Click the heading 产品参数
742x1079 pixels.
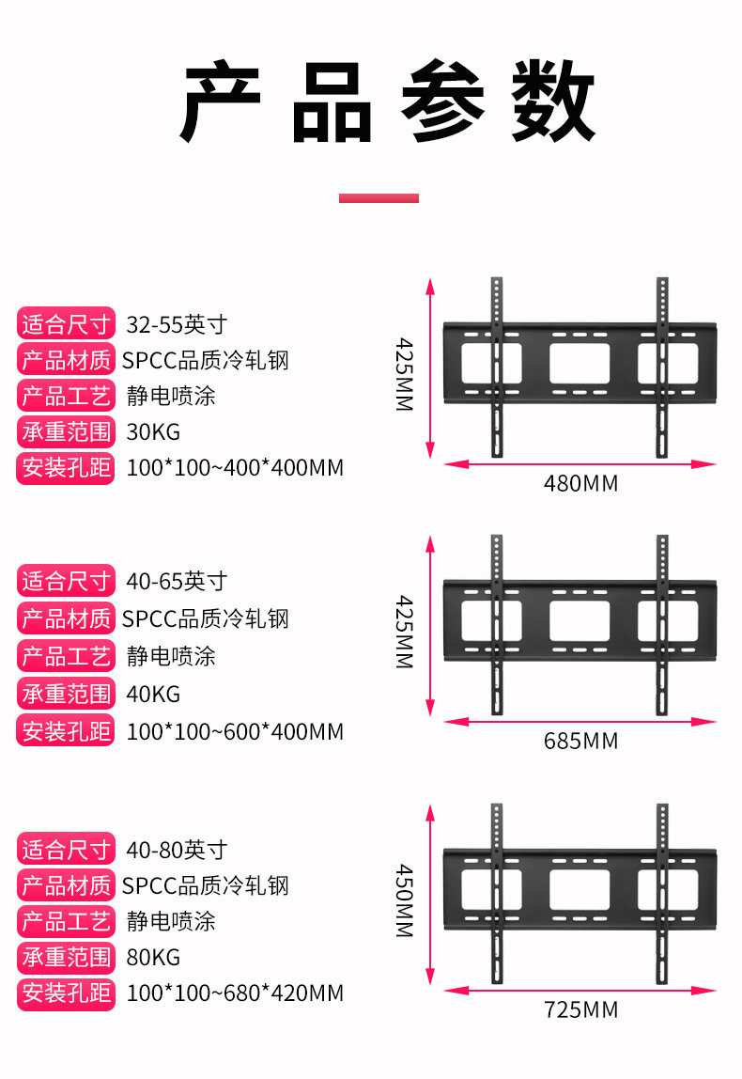387,102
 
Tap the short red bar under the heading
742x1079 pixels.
379,198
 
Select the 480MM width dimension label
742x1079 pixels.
580,484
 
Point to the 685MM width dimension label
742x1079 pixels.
580,741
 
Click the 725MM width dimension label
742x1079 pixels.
580,1010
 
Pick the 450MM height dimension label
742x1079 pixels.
404,900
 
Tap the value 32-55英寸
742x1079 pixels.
177,325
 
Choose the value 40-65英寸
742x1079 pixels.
177,581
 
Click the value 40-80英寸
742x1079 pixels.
177,850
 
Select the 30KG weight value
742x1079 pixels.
153,432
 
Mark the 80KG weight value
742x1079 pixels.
153,958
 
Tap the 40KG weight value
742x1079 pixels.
153,695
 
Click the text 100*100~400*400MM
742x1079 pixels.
235,468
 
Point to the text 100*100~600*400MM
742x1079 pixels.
235,731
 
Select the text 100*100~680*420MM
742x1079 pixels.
235,993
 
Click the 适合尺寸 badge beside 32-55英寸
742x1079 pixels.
66,325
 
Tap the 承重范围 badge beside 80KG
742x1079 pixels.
66,958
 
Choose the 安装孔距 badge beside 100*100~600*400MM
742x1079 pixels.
66,731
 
